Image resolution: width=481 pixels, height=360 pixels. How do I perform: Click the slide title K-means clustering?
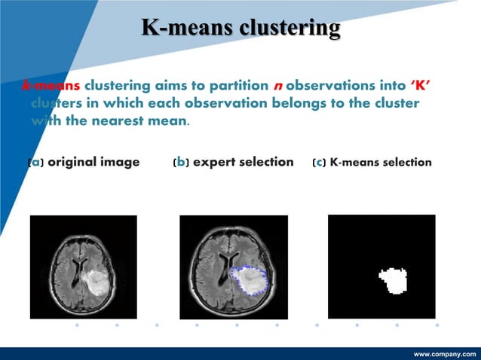[240, 29]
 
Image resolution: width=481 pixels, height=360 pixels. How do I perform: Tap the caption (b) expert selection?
[233, 162]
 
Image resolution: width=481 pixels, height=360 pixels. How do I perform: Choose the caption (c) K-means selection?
[372, 162]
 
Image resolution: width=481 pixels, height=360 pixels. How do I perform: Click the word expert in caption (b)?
[215, 163]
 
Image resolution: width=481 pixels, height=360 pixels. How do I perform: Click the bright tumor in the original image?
[95, 282]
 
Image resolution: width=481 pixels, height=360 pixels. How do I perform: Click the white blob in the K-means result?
[392, 281]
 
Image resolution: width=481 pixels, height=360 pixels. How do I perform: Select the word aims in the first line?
[171, 85]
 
